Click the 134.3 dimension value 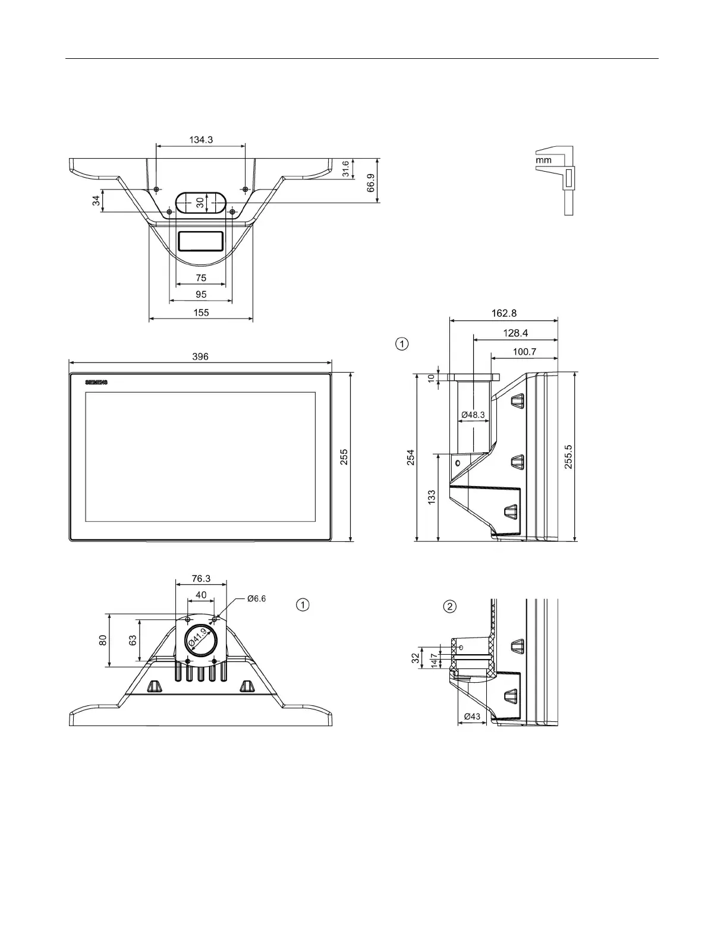(x=201, y=140)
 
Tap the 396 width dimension (x=200, y=357)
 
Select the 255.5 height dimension (x=568, y=456)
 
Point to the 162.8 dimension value (x=504, y=313)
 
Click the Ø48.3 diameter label (x=473, y=415)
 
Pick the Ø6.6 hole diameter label (x=256, y=598)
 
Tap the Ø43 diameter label (x=471, y=717)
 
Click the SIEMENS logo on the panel (x=97, y=383)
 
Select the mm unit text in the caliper (x=543, y=160)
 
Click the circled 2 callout (x=450, y=606)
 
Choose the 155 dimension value (x=201, y=313)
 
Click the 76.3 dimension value (x=201, y=578)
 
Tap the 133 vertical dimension (x=432, y=497)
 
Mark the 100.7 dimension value (x=524, y=352)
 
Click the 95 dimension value (x=201, y=294)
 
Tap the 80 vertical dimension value (x=103, y=640)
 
